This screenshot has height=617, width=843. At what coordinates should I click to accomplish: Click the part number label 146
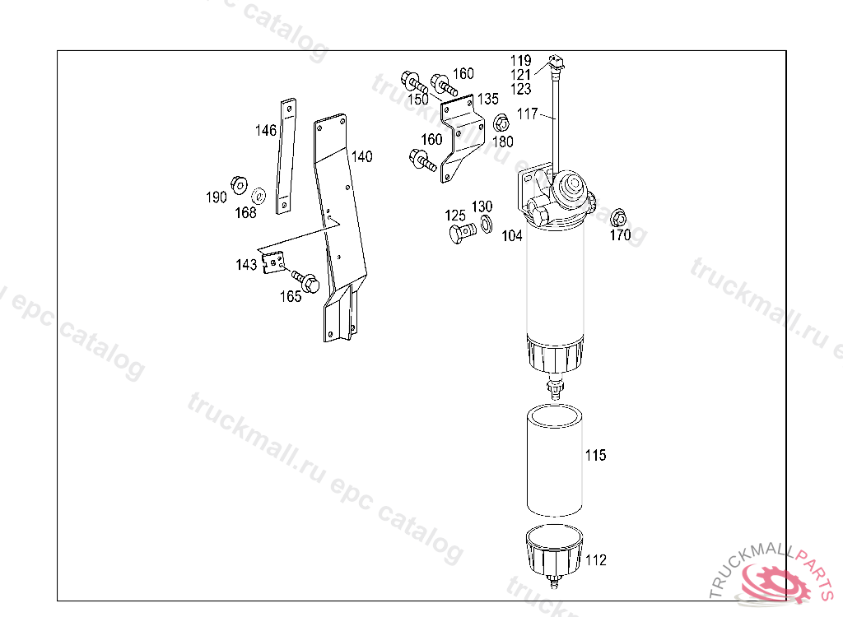tap(266, 131)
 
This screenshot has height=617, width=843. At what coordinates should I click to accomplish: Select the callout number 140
tap(362, 156)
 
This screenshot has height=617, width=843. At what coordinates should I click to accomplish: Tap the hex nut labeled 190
tap(239, 185)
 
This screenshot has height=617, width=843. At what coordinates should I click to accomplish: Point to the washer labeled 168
tap(258, 196)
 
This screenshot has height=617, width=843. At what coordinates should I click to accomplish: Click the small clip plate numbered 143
tap(273, 262)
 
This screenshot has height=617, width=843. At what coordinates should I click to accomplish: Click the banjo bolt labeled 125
tap(462, 234)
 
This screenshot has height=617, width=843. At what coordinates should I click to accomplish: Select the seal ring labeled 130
tap(486, 224)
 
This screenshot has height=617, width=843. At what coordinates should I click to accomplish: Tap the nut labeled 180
tap(501, 124)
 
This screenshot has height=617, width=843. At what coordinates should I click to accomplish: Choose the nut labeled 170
tap(619, 218)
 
